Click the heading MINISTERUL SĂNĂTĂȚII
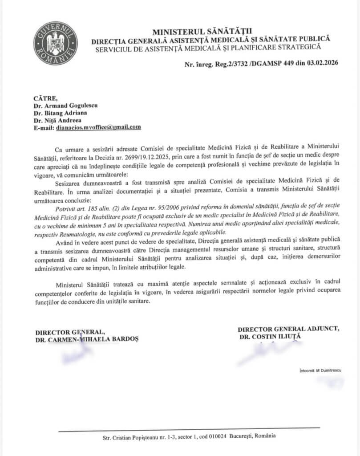point(202,31)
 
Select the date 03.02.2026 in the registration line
point(322,63)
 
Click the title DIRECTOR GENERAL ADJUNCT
point(288,329)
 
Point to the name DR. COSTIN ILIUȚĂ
point(270,337)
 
